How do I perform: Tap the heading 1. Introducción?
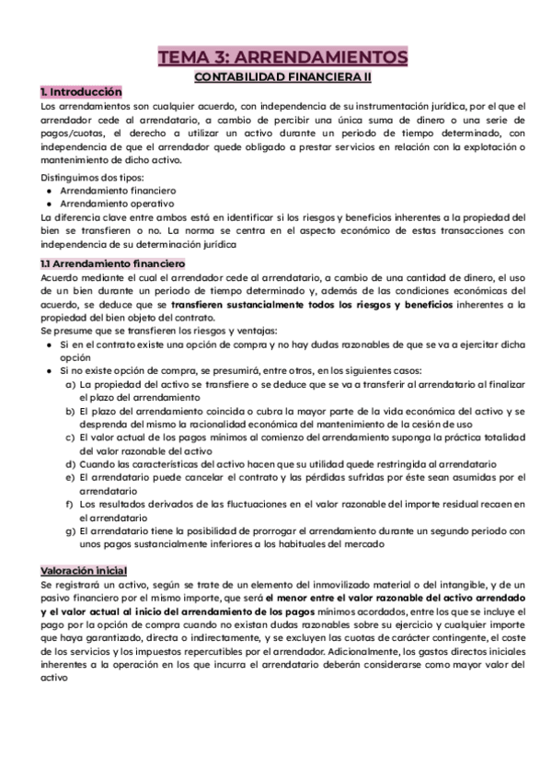click(x=81, y=92)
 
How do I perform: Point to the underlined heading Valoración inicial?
click(x=84, y=571)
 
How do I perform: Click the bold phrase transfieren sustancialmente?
click(x=225, y=304)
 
